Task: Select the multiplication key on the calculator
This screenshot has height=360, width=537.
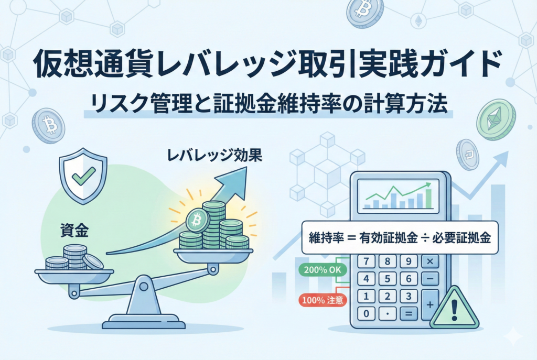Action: coord(429,261)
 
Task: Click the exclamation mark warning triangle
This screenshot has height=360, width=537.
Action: coord(454,310)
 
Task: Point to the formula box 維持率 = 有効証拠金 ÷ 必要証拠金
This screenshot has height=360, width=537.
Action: coord(399,238)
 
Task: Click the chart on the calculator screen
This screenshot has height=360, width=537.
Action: coord(399,195)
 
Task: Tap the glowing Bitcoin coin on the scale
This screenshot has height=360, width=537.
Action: coord(197,221)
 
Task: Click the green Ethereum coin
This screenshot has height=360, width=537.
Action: coord(496,119)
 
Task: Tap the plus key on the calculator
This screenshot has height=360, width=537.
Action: coord(429,304)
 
